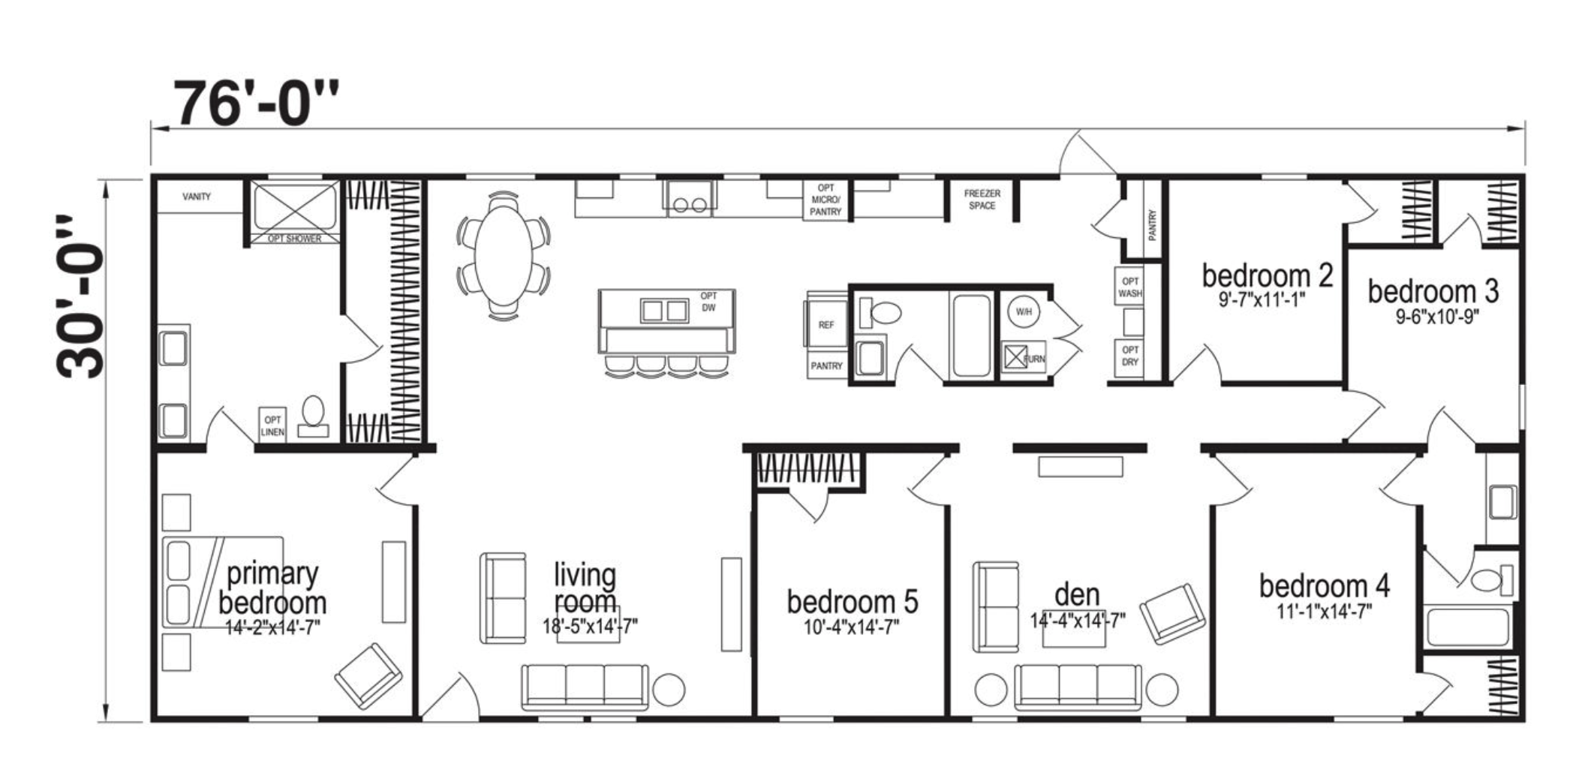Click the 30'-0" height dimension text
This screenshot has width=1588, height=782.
(x=80, y=296)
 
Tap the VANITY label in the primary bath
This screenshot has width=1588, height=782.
(x=197, y=197)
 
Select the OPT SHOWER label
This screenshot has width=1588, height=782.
(x=295, y=239)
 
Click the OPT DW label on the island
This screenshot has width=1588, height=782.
(x=708, y=302)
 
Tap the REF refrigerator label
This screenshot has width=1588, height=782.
(x=826, y=325)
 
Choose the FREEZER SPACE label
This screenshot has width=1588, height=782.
(x=982, y=199)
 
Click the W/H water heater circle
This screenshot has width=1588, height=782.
(x=1024, y=311)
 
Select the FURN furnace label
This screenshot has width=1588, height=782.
(x=1034, y=359)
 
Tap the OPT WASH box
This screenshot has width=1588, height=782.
(x=1130, y=287)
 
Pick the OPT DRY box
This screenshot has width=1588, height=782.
(x=1130, y=356)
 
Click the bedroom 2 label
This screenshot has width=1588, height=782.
(x=1268, y=275)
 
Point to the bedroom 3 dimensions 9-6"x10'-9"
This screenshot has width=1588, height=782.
(x=1436, y=316)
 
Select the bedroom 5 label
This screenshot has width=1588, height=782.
(x=853, y=601)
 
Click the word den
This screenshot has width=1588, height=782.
(x=1077, y=594)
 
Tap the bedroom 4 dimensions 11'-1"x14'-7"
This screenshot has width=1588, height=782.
(x=1325, y=612)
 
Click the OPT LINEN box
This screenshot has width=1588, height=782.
(x=272, y=426)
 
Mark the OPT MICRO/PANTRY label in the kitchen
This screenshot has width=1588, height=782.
(x=826, y=200)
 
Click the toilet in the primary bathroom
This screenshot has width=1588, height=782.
(x=313, y=416)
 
